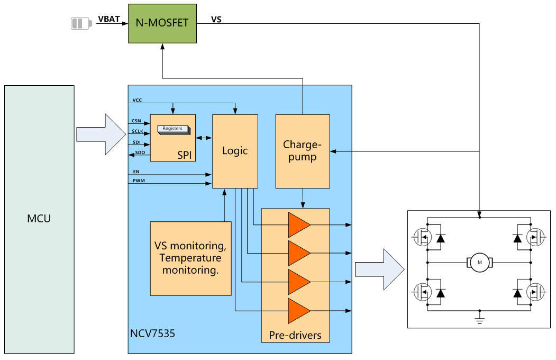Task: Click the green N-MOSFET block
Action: point(162,24)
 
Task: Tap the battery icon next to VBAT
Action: point(81,24)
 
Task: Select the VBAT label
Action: point(108,20)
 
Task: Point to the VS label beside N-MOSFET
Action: point(216,20)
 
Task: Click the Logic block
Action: point(235,151)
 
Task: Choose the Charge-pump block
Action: point(303,151)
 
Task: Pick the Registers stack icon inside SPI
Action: point(173,129)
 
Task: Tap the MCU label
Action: point(39,218)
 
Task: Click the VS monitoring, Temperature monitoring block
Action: point(191,258)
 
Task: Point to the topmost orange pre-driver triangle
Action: point(298,225)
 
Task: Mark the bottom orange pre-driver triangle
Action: point(298,310)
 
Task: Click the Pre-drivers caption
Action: point(295,335)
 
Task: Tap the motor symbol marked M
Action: point(480,262)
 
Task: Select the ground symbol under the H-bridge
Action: point(480,318)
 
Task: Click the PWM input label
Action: point(139,181)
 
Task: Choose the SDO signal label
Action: point(140,153)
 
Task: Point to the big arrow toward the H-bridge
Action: point(379,269)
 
